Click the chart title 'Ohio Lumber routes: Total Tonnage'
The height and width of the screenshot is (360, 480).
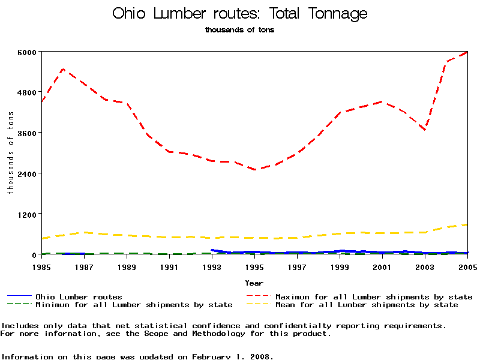pyautogui.click(x=240, y=14)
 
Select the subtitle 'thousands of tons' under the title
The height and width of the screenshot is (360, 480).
pyautogui.click(x=239, y=29)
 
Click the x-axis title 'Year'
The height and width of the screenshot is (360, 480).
pyautogui.click(x=254, y=283)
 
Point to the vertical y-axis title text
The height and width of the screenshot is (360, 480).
pyautogui.click(x=10, y=153)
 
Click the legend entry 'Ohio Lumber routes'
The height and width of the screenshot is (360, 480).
pyautogui.click(x=79, y=296)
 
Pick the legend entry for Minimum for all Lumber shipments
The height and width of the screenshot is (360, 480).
pyautogui.click(x=133, y=305)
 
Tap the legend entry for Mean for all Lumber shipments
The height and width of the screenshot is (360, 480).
pyautogui.click(x=366, y=305)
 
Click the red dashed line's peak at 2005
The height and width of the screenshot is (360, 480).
pyautogui.click(x=467, y=52)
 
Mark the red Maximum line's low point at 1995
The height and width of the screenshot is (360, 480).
pyautogui.click(x=255, y=170)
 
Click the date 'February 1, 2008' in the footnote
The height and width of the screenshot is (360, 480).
pyautogui.click(x=232, y=356)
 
